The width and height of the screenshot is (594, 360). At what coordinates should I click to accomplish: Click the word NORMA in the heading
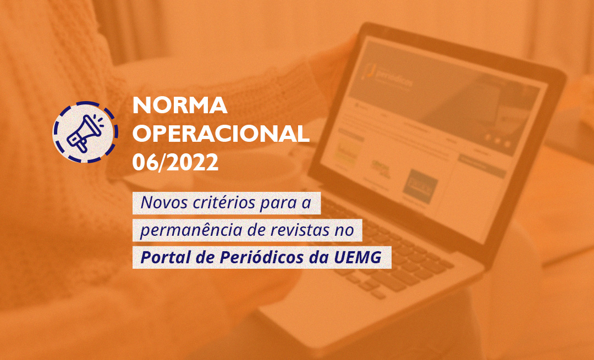point(180,104)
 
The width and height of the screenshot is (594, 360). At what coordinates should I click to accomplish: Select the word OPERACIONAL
point(221,134)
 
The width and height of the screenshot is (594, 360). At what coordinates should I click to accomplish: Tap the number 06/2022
point(175,162)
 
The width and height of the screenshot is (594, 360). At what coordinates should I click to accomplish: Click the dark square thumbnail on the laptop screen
point(420,184)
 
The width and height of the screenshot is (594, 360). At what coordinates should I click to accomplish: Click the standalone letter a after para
point(307,203)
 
